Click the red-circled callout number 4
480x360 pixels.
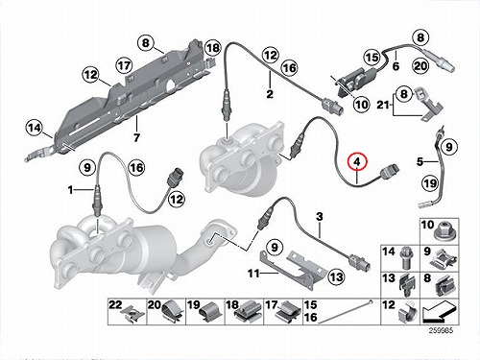(x=358, y=162)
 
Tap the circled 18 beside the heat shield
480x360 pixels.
(x=213, y=48)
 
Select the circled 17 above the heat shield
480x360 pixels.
(x=124, y=65)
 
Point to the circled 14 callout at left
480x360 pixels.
(x=35, y=128)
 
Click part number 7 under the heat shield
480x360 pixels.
(x=136, y=138)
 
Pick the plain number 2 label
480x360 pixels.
(x=270, y=94)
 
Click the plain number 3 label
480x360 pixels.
(x=320, y=217)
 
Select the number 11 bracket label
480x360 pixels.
(x=253, y=274)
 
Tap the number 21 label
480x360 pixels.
(x=383, y=105)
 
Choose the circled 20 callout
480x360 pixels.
(x=420, y=66)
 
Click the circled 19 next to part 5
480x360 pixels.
(x=430, y=183)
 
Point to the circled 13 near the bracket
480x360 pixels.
(x=336, y=276)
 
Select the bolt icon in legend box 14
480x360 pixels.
(x=406, y=259)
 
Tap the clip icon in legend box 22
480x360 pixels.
(x=133, y=315)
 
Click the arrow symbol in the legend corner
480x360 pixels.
(x=439, y=313)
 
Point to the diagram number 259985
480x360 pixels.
(x=441, y=331)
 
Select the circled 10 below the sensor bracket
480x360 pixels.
(x=361, y=105)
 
